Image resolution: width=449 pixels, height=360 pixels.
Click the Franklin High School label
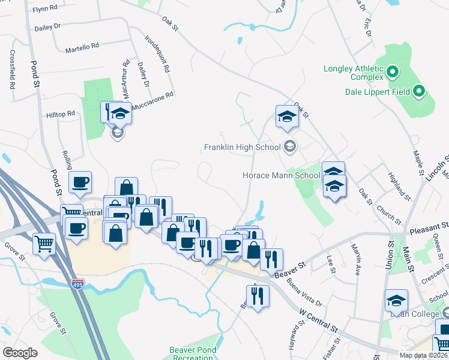click(243, 147)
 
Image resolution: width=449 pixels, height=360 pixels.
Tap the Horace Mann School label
click(281, 176)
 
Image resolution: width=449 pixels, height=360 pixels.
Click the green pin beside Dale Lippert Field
click(420, 92)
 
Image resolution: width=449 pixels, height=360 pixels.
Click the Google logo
click(20, 353)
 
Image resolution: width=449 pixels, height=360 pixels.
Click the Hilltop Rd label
click(61, 113)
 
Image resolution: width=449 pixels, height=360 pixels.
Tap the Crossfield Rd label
click(12, 69)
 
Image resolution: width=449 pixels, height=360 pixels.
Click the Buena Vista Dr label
click(304, 292)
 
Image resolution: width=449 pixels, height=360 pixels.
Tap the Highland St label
click(399, 186)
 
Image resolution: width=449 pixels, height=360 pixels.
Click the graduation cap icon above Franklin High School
click(287, 116)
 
